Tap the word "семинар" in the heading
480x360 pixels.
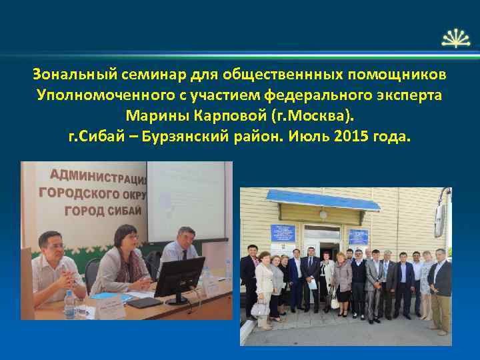(x=139, y=72)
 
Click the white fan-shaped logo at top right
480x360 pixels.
(x=455, y=37)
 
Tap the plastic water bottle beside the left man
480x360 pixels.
(x=69, y=304)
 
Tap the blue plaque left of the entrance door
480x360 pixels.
(x=283, y=234)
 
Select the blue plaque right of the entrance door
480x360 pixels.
(x=358, y=236)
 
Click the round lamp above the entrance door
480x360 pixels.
(x=323, y=215)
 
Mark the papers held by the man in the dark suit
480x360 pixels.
(x=311, y=283)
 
